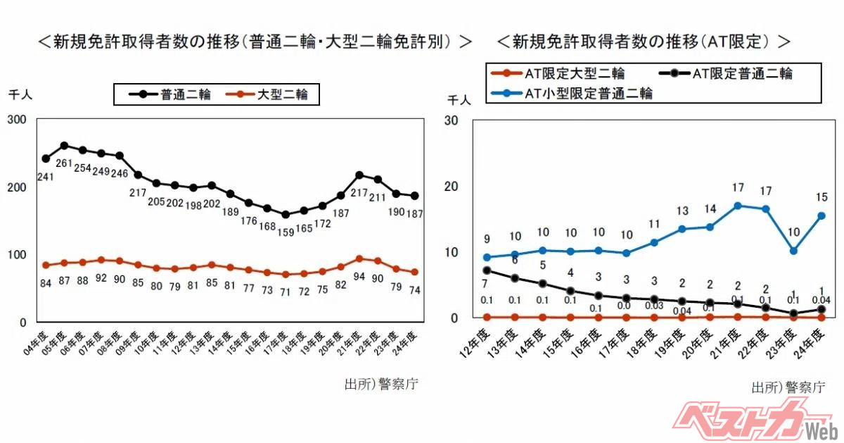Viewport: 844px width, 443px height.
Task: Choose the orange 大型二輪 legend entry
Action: (x=267, y=94)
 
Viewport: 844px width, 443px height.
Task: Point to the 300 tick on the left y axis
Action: (x=17, y=120)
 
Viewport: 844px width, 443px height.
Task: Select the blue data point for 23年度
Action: (x=793, y=251)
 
